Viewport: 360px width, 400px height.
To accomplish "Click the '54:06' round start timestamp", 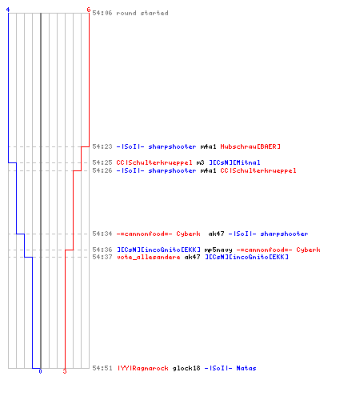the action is point(102,13).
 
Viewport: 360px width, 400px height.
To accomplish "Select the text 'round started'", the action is point(142,13).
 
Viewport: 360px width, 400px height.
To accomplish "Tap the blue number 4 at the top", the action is point(8,10).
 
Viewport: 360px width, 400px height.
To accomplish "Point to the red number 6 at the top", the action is point(89,10).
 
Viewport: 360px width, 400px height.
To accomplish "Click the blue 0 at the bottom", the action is point(40,371).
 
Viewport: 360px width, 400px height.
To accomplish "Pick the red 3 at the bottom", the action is point(65,371).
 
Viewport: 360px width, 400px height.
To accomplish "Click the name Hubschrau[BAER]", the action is point(250,146).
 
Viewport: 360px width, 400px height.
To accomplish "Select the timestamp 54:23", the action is point(102,146).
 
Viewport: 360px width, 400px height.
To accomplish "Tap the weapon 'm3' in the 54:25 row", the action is point(200,162).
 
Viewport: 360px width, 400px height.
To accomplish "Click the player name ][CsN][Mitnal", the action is point(234,162).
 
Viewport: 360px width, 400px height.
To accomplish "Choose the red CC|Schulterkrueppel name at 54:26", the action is point(258,170).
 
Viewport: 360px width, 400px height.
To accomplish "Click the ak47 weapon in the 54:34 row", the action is point(216,234).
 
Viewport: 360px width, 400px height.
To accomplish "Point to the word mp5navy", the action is point(218,250).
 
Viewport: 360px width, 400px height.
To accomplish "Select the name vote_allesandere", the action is point(148,257).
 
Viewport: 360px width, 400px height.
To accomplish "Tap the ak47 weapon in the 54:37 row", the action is point(192,257).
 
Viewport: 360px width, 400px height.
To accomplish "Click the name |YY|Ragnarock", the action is point(143,368).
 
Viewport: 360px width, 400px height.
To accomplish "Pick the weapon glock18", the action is point(186,368).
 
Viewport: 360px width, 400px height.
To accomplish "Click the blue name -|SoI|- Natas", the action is point(230,368).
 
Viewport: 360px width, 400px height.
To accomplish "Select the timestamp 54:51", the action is point(102,368).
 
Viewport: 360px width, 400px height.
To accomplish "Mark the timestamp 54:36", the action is point(102,250).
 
